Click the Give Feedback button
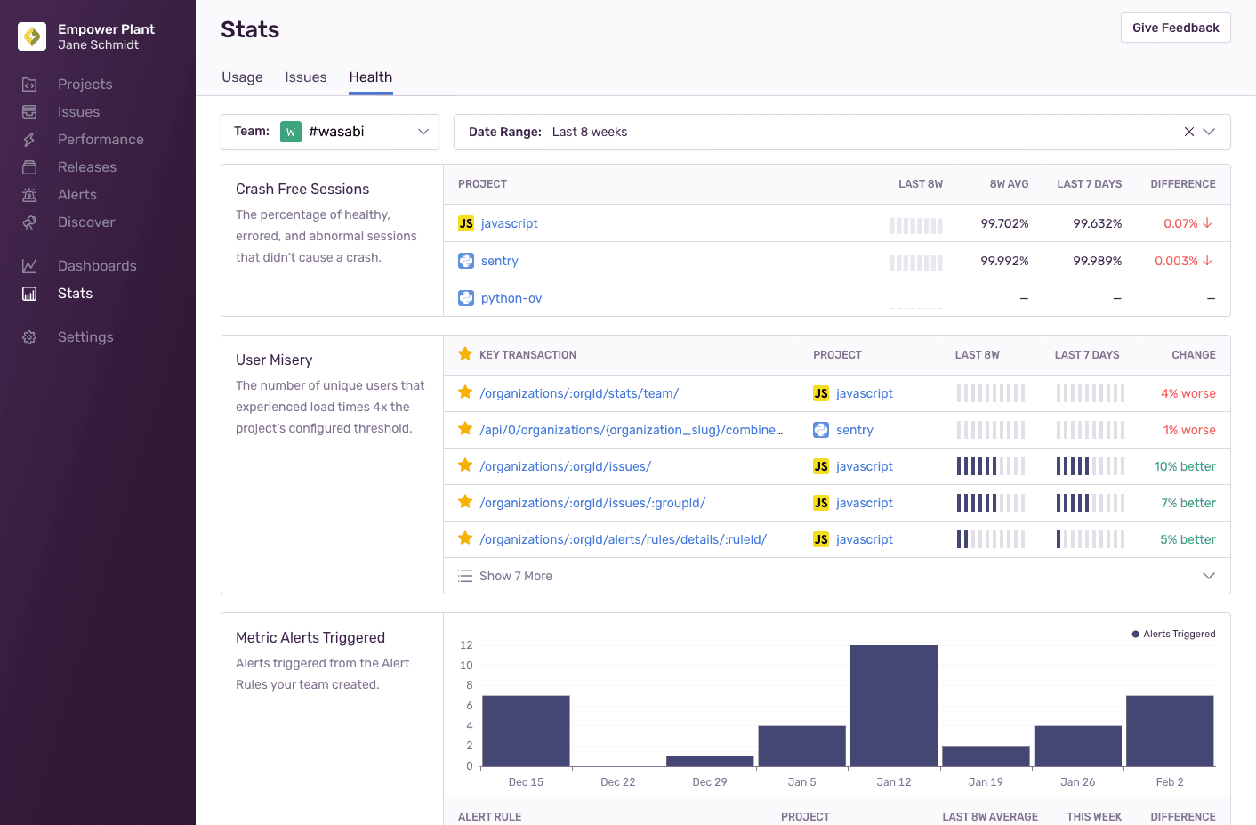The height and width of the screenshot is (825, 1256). [x=1175, y=28]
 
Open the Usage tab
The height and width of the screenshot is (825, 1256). [x=242, y=77]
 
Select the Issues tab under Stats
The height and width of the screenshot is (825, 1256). [x=305, y=77]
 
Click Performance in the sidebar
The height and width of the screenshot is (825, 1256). [x=101, y=140]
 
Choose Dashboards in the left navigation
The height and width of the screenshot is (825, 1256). [x=97, y=266]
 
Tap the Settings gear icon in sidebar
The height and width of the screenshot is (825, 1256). [x=29, y=337]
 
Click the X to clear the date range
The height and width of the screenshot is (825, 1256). [x=1188, y=132]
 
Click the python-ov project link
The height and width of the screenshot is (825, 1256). [x=511, y=298]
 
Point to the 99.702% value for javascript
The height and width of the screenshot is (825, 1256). [x=1004, y=223]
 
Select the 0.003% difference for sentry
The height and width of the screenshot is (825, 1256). [x=1176, y=261]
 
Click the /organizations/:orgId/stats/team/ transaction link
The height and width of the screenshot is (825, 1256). [x=579, y=393]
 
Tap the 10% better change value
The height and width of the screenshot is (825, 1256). [x=1184, y=466]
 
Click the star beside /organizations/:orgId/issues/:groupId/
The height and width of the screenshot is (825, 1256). [x=464, y=502]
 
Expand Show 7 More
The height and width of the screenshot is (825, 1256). [x=515, y=576]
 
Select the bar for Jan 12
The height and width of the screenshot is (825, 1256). [x=893, y=705]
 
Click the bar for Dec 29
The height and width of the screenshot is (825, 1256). [x=710, y=761]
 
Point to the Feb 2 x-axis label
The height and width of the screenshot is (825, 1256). [x=1169, y=782]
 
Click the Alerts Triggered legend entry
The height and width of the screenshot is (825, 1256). [x=1173, y=635]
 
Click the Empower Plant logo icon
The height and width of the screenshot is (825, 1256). [x=32, y=36]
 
